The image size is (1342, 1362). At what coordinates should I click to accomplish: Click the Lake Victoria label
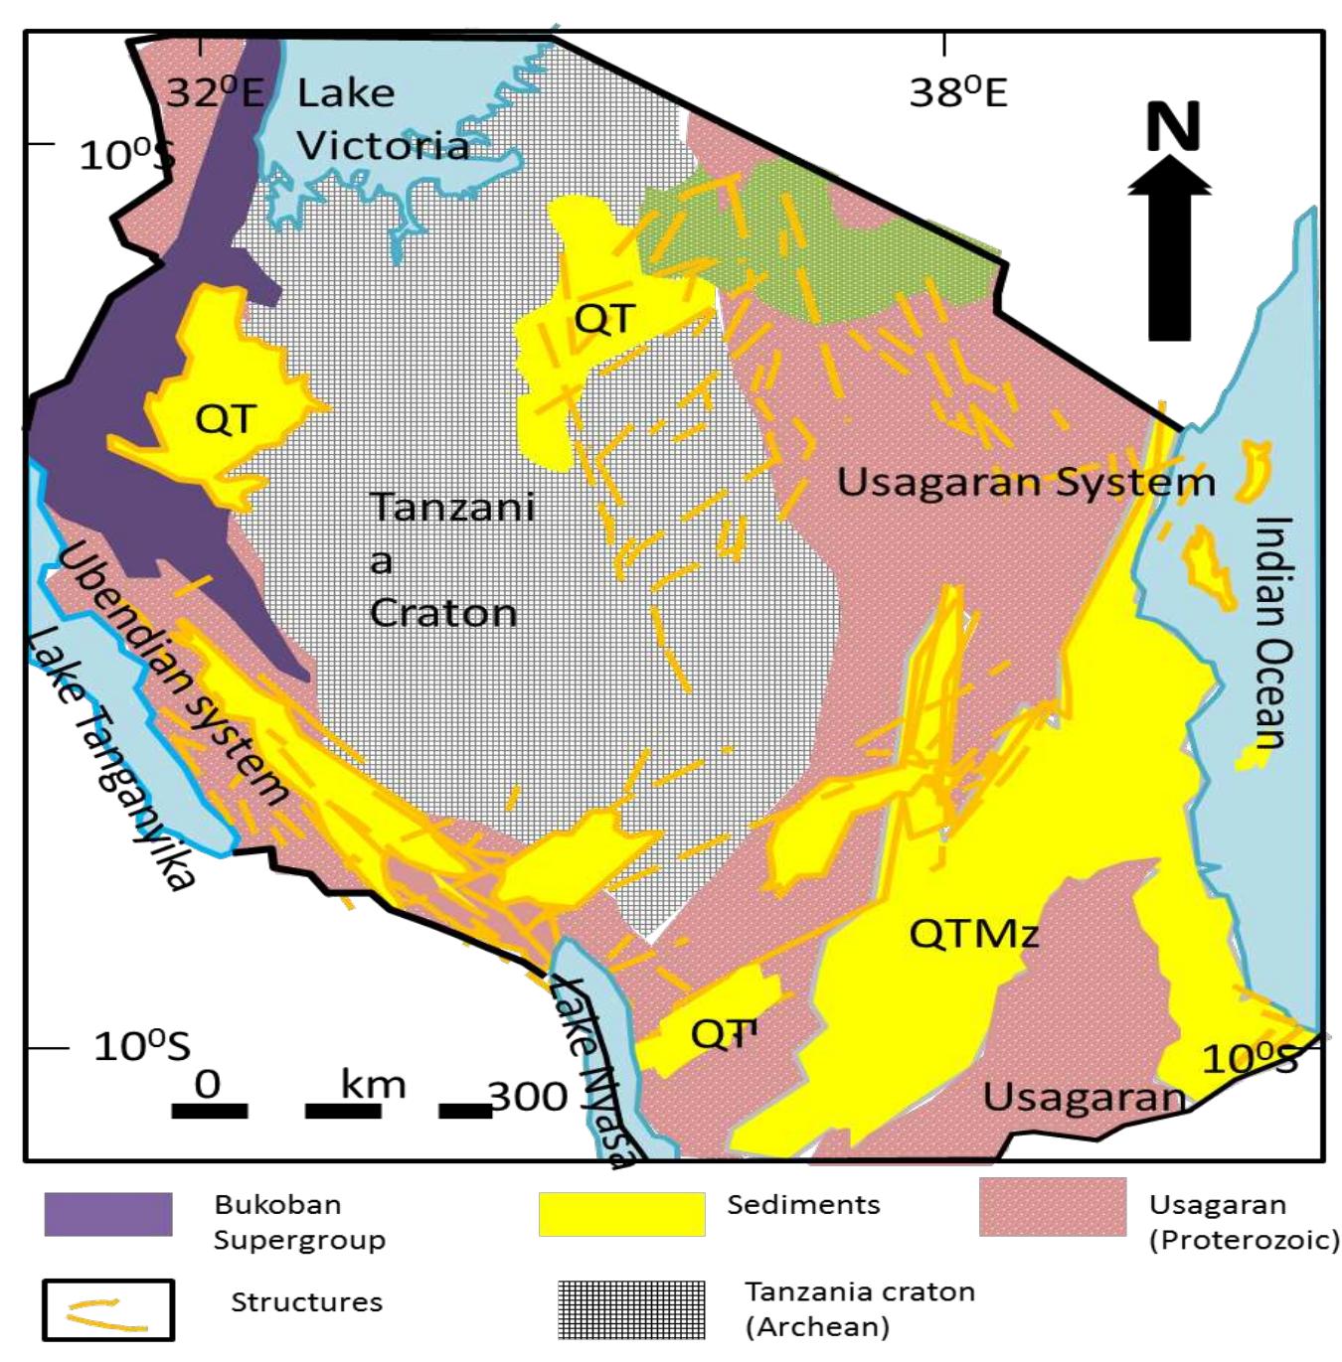(x=382, y=120)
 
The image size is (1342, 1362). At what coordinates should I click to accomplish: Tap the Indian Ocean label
(x=1271, y=632)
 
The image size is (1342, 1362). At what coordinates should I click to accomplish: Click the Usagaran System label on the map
(x=1025, y=483)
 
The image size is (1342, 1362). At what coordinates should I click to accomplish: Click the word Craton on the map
(x=443, y=614)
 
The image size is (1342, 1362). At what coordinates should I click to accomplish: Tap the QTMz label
(x=973, y=934)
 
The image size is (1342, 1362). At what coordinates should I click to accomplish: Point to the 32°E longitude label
(x=214, y=92)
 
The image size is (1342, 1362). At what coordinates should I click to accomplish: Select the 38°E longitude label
(x=957, y=92)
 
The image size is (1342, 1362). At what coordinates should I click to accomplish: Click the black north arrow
(x=1169, y=258)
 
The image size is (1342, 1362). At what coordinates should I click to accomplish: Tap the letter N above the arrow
(x=1173, y=127)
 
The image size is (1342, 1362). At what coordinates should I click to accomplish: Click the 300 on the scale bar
(x=528, y=1097)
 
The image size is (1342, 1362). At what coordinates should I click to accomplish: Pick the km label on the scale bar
(x=373, y=1084)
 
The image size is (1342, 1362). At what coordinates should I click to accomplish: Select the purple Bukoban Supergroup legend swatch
(x=108, y=1214)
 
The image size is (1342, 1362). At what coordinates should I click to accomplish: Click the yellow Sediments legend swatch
(x=621, y=1214)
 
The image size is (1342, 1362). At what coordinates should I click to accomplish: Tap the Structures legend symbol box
(x=108, y=1310)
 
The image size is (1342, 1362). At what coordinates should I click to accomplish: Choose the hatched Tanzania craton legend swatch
(x=631, y=1309)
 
